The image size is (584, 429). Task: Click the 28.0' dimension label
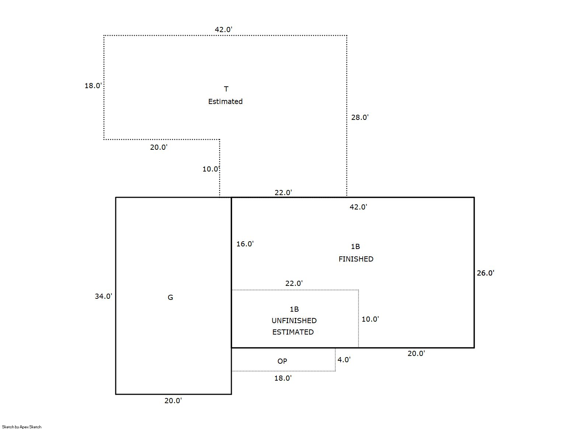pyautogui.click(x=360, y=117)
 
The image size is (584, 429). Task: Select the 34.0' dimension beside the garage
pyautogui.click(x=103, y=296)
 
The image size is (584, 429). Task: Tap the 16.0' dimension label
pyautogui.click(x=245, y=244)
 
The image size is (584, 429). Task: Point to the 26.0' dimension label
pyautogui.click(x=485, y=273)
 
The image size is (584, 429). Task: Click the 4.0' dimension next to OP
pyautogui.click(x=344, y=360)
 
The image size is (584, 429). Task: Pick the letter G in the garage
pyautogui.click(x=170, y=297)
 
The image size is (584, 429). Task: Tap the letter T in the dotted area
pyautogui.click(x=226, y=89)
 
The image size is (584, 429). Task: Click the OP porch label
pyautogui.click(x=282, y=361)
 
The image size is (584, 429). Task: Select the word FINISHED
pyautogui.click(x=356, y=259)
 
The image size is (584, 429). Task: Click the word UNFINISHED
pyautogui.click(x=294, y=321)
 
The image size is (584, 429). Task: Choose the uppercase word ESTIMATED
pyautogui.click(x=293, y=332)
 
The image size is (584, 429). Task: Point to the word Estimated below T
pyautogui.click(x=225, y=101)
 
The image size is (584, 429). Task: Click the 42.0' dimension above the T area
pyautogui.click(x=223, y=30)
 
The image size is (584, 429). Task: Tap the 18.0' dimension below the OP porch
pyautogui.click(x=283, y=378)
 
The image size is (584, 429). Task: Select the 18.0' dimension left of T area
pyautogui.click(x=93, y=86)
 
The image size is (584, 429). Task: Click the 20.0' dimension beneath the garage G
pyautogui.click(x=173, y=401)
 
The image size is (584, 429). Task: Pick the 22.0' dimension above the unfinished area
pyautogui.click(x=294, y=283)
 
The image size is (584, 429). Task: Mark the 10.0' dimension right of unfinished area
pyautogui.click(x=370, y=319)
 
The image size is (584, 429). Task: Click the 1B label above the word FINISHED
pyautogui.click(x=355, y=246)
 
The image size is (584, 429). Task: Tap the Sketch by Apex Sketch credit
pyautogui.click(x=22, y=427)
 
